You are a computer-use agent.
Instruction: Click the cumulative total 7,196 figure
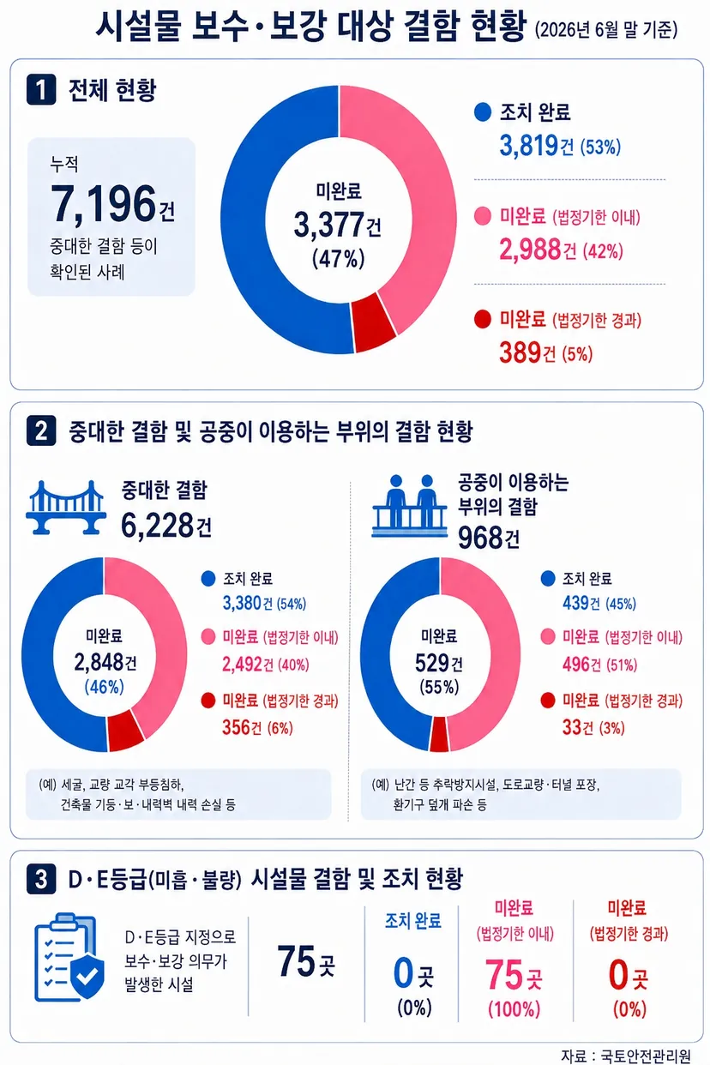tap(104, 204)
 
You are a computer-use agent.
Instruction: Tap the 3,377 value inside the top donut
tap(328, 225)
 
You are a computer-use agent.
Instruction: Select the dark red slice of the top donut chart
tap(374, 322)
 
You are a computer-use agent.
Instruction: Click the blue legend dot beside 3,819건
tap(482, 112)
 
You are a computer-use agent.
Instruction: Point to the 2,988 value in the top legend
tap(530, 250)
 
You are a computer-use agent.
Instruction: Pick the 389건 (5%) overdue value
tap(546, 352)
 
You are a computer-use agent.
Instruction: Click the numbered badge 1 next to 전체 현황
tap(41, 89)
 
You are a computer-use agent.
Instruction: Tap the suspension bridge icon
tap(66, 508)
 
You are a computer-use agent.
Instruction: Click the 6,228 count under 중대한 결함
tap(158, 526)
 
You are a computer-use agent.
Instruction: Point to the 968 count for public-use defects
tap(480, 538)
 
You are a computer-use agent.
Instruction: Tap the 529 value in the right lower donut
tap(432, 663)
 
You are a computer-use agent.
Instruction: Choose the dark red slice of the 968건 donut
tap(439, 734)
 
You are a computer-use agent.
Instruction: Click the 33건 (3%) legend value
tap(593, 727)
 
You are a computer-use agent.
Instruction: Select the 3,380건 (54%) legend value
tap(264, 604)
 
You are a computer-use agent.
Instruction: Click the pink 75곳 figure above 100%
tap(514, 974)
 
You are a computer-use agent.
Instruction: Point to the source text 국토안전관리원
tap(646, 1056)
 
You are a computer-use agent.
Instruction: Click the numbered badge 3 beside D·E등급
tap(41, 879)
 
